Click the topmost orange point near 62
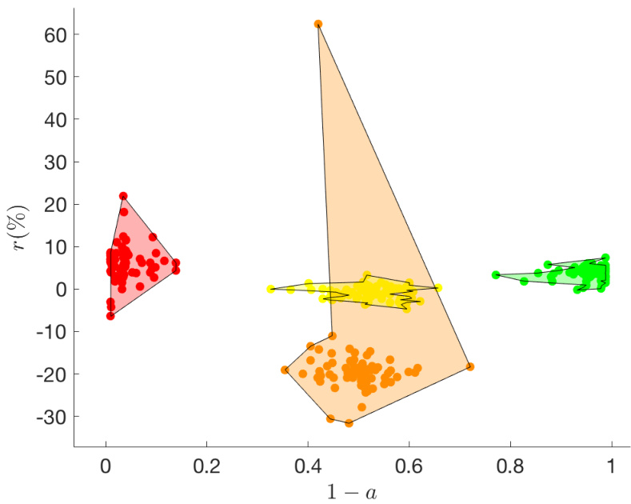tap(317, 24)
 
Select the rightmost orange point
tap(470, 366)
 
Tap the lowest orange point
tap(349, 422)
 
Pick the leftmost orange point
tap(285, 370)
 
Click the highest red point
tap(123, 195)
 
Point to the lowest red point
tap(110, 316)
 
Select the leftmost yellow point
tap(270, 289)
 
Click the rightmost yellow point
tap(438, 288)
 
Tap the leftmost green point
tap(496, 274)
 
